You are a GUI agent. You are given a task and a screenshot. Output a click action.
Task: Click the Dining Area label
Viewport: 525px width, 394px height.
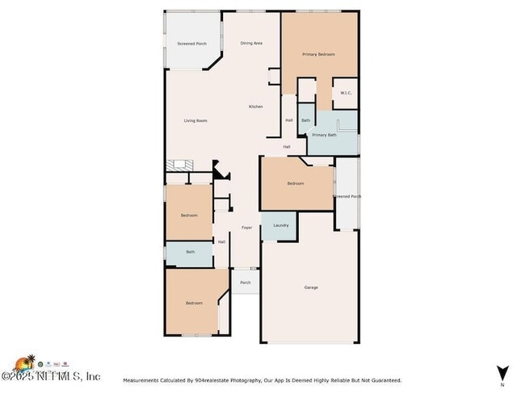coord(253,43)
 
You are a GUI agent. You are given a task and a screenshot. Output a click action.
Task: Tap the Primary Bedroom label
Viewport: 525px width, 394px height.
coord(318,54)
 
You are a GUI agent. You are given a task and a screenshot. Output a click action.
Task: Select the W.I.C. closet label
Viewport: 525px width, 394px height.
coord(345,93)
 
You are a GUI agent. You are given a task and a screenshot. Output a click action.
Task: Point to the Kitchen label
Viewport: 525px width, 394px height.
coord(255,107)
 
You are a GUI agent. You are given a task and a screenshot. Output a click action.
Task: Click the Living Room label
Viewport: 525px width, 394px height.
coord(195,121)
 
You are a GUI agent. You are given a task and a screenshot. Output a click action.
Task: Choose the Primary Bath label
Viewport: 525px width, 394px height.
coord(324,135)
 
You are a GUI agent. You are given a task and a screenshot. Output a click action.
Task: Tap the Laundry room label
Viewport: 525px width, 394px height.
coord(281,225)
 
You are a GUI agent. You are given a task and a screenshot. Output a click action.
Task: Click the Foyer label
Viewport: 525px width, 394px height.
coord(247,228)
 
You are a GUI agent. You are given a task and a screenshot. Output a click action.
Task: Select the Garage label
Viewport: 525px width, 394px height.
coord(311,287)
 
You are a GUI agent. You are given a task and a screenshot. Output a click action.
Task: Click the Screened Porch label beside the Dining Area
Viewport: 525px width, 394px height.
coord(192,43)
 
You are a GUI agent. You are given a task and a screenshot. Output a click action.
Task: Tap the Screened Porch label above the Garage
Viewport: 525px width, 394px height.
coord(347,196)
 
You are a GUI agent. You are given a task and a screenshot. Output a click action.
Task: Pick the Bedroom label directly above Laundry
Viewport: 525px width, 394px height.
coord(296,183)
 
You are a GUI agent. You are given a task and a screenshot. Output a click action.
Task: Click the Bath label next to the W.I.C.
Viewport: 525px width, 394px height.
coord(305,121)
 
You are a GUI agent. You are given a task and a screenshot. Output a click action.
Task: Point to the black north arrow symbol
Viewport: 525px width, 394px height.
coord(502,372)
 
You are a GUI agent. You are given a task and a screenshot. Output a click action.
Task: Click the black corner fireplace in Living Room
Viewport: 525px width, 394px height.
coord(219,170)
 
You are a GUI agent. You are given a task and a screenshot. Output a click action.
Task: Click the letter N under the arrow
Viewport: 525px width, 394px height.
coord(502,384)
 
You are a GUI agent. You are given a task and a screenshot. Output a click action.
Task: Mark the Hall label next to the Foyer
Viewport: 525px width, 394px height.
coord(221,241)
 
